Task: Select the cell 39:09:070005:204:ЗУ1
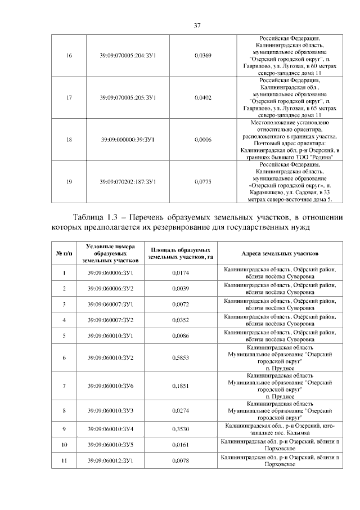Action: click(128, 55)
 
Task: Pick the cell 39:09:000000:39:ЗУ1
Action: click(128, 139)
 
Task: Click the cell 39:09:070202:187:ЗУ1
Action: click(128, 182)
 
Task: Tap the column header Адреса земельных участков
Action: click(280, 254)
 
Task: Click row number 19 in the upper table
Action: click(69, 182)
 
